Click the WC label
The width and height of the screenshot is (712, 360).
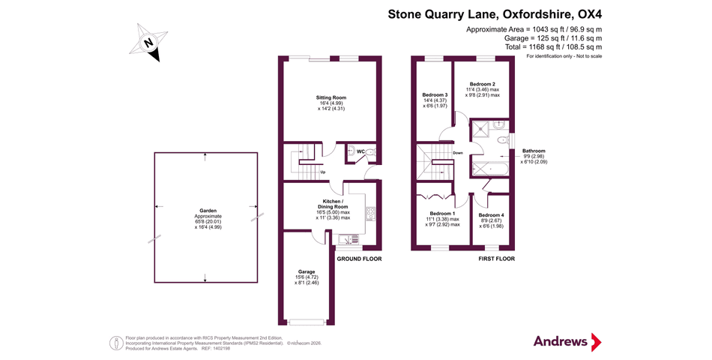coord(360,151)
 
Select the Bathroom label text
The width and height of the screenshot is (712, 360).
coord(534,150)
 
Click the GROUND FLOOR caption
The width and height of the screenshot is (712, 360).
coord(359,259)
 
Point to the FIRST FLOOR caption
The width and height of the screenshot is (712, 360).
coord(496,259)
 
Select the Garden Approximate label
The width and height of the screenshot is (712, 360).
coord(205,217)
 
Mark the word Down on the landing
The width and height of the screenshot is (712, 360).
coord(457,152)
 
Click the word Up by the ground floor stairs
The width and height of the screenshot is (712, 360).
coord(322,172)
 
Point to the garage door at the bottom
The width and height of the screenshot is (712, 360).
coord(307,322)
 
